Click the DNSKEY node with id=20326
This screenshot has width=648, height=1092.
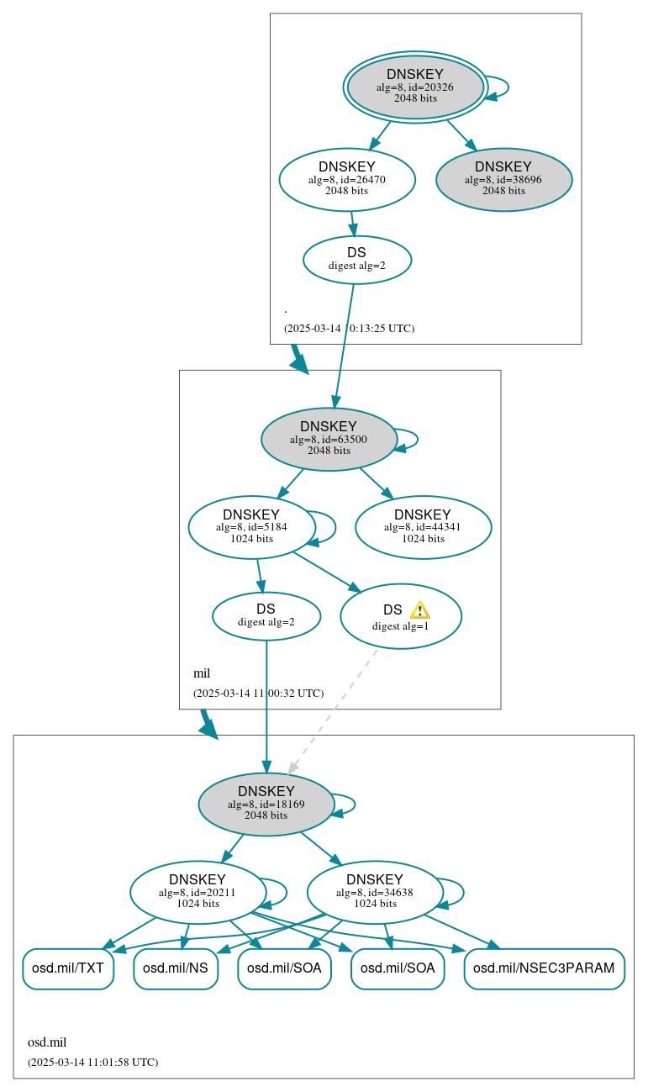415,87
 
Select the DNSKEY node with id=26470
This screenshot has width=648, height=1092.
347,179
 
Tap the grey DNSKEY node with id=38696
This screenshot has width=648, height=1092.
503,179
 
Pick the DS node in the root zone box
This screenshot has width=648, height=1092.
356,259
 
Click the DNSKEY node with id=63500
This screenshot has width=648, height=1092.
329,439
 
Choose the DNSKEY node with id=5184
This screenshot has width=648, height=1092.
251,527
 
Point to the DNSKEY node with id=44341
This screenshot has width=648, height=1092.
423,527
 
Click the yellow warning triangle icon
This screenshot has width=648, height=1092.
419,610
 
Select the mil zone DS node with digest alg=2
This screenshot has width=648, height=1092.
266,615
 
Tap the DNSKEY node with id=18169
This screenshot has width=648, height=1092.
266,804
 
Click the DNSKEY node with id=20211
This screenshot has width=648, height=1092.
198,892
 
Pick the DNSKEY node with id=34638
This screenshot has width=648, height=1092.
375,892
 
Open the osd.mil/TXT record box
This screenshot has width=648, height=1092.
67,968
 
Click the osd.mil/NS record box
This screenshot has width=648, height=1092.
176,968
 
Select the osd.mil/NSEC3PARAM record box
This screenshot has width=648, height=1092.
544,968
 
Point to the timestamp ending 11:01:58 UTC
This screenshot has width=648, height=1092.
92,1062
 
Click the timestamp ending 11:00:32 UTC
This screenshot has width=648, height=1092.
258,694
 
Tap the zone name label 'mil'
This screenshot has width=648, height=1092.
202,673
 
